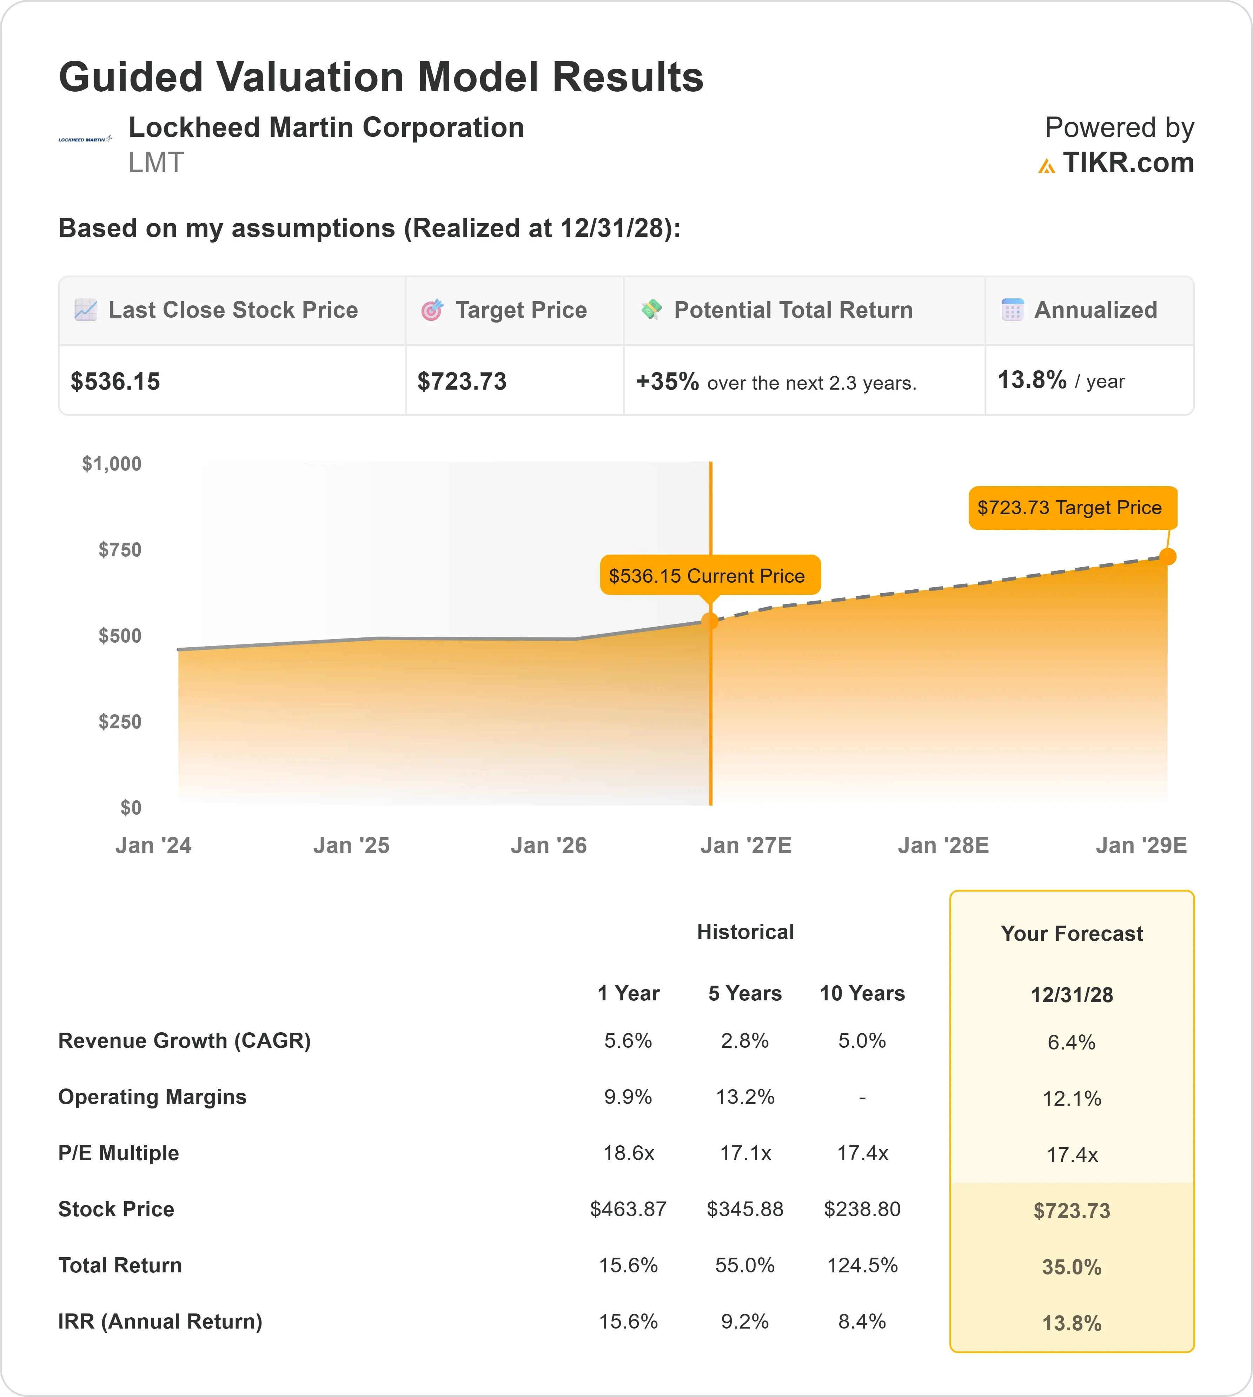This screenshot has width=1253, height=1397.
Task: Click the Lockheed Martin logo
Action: tap(85, 139)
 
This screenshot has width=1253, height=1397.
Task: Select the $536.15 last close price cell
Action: tap(116, 382)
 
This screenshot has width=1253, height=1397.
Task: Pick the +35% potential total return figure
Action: tap(667, 382)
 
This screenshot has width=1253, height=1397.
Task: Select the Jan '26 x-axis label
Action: tap(549, 846)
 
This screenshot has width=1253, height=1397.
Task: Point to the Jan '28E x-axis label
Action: tap(943, 846)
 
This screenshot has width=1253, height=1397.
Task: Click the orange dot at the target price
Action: tap(1168, 556)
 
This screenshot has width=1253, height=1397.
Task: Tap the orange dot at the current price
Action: tap(710, 621)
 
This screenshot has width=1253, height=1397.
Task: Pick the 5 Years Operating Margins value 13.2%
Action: tap(745, 1097)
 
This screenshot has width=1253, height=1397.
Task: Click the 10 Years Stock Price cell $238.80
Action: tap(862, 1209)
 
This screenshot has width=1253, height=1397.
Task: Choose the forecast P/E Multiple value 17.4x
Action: tap(1072, 1155)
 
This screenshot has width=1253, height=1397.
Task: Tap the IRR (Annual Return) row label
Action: tap(160, 1321)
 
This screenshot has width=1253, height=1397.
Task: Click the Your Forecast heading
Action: tap(1072, 934)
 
